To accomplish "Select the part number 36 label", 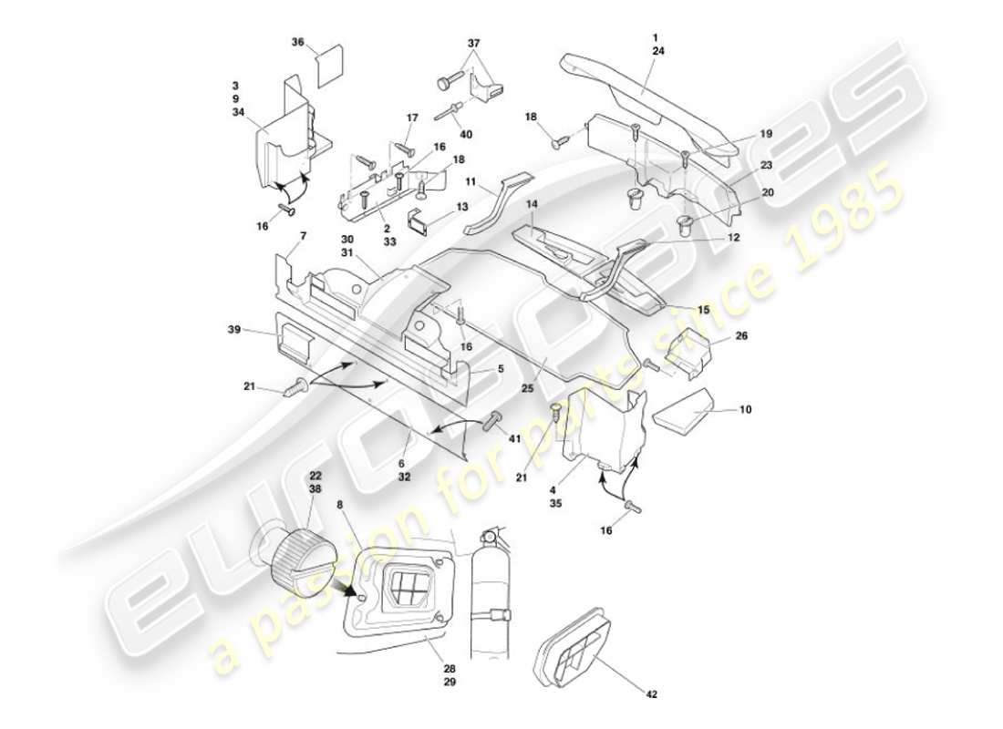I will pyautogui.click(x=298, y=42).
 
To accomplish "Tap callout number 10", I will pyautogui.click(x=745, y=411).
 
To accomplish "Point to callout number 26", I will pyautogui.click(x=740, y=334).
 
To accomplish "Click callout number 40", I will pyautogui.click(x=466, y=135).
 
